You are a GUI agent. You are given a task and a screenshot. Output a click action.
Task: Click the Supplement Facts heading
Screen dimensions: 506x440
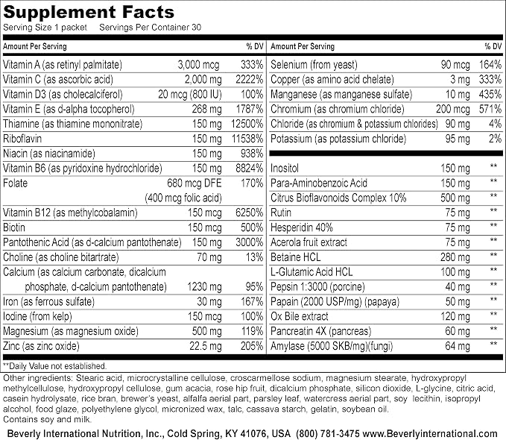coord(89,12)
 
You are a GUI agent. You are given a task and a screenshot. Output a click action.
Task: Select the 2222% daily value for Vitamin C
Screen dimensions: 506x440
coord(249,80)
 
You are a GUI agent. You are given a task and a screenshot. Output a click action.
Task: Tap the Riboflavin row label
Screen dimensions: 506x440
coord(22,139)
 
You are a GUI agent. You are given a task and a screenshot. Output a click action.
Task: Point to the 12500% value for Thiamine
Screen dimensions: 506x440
coord(247,124)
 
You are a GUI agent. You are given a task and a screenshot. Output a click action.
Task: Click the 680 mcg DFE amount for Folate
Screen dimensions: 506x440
coord(195,183)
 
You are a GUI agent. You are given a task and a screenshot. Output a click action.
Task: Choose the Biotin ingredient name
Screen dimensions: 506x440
coord(14,227)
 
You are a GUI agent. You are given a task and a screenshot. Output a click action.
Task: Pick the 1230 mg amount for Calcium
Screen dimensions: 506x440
coord(204,287)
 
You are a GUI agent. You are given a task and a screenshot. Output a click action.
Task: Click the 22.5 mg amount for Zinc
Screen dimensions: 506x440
coord(206,346)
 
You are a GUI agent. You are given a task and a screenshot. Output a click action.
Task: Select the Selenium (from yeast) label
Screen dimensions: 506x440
coord(314,65)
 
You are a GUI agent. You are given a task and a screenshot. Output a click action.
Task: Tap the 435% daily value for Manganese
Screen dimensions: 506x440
coord(490,94)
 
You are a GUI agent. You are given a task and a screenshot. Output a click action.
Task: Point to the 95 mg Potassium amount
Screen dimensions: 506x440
coord(458,139)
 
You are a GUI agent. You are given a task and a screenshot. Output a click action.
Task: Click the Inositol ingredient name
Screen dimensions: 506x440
coord(285,169)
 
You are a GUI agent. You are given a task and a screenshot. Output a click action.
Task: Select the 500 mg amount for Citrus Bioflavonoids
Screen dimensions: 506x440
coord(455,198)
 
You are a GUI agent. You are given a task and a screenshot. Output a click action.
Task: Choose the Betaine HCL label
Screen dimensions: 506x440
coord(296,257)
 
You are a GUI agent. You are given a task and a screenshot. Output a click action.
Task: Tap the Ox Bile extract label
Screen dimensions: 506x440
coord(300,317)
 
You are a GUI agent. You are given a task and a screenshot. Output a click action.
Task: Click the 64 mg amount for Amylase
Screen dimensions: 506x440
coord(458,346)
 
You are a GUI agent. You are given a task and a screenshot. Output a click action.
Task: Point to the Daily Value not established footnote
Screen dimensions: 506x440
coord(54,366)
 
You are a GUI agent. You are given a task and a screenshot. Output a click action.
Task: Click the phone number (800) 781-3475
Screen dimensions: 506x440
coord(328,433)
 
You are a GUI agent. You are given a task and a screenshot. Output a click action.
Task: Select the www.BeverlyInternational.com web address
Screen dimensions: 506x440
coord(430,433)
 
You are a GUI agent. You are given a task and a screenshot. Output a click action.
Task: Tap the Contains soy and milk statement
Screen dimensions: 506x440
coord(47,420)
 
